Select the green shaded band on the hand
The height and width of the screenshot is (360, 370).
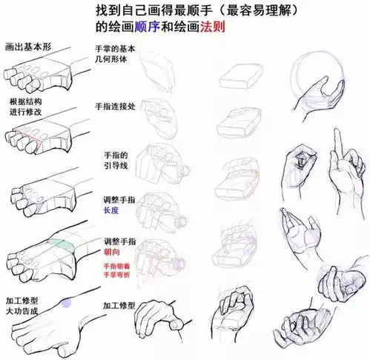click(x=59, y=245)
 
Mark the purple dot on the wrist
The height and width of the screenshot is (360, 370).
click(x=67, y=301)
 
